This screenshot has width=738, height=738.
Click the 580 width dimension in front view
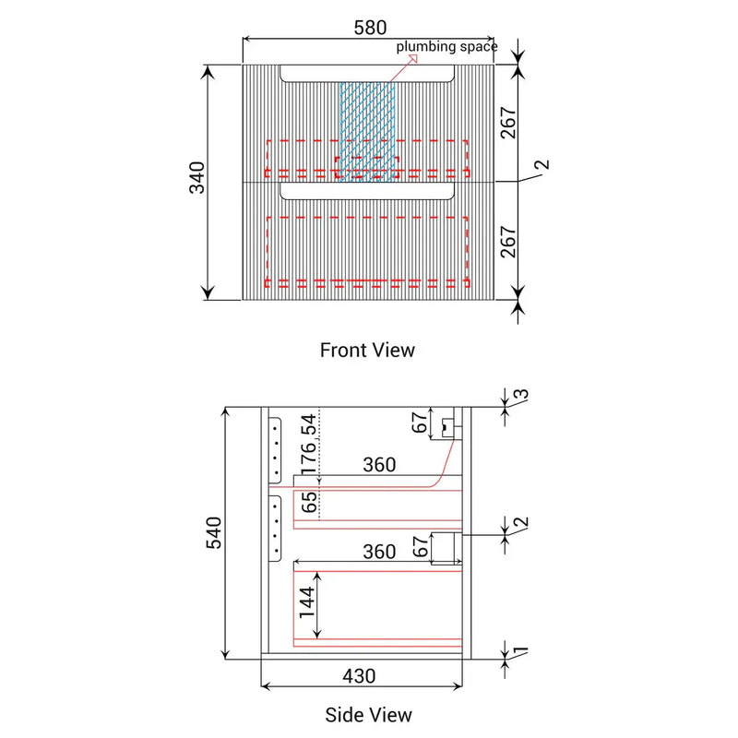[x=371, y=28]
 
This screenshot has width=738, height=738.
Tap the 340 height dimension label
[x=197, y=177]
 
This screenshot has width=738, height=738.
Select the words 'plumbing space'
[x=446, y=47]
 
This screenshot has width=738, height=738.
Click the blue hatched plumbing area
[x=367, y=132]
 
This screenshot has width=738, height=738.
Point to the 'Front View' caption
[x=367, y=351]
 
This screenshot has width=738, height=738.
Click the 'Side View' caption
[x=368, y=715]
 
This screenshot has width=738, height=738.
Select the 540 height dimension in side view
[x=214, y=532]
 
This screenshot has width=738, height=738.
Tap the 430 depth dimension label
[x=359, y=676]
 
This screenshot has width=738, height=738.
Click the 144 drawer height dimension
[x=307, y=602]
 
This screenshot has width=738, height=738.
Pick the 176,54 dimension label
[x=309, y=444]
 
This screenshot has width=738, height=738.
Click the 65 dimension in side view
[x=309, y=502]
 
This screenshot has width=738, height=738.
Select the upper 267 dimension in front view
[x=509, y=123]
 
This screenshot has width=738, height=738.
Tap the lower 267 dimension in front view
[x=509, y=242]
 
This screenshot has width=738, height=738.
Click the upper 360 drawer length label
[x=379, y=465]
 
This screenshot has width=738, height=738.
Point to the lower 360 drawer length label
[x=379, y=552]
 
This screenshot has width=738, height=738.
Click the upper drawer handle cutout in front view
[x=367, y=74]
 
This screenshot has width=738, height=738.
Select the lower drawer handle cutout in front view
[x=367, y=191]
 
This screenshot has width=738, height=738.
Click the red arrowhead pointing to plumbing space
[x=412, y=58]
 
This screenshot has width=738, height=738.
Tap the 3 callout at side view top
[x=522, y=395]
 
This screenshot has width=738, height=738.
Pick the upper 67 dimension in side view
[x=421, y=423]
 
